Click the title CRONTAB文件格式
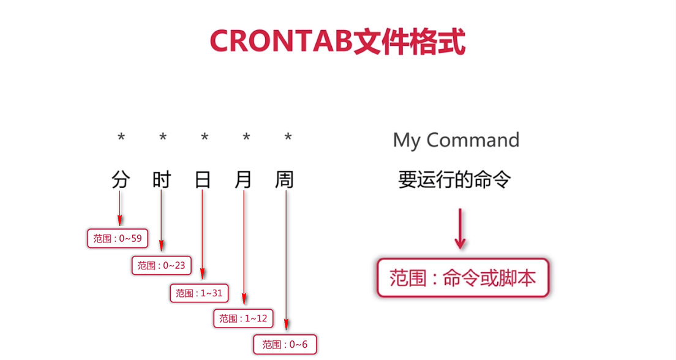pos(337,41)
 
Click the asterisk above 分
pos(121,138)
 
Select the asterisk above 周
pos(288,138)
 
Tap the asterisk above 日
pos(205,138)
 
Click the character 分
pos(121,179)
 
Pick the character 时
pos(162,179)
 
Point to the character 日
pos(203,179)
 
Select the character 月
pos(244,179)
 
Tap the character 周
pos(285,179)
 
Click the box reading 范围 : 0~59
pos(118,238)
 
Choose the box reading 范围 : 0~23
pos(161,266)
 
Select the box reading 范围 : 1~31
pos(199,293)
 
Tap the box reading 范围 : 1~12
pos(243,318)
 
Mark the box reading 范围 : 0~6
pos(285,344)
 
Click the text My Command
pos(456,140)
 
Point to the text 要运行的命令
pos(454,180)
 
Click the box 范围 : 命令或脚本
pos(462,279)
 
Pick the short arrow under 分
pos(120,208)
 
